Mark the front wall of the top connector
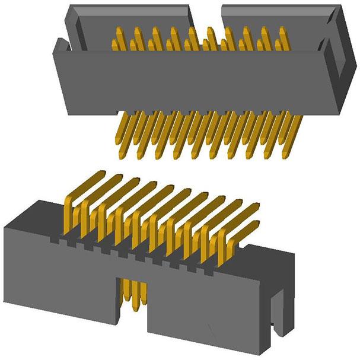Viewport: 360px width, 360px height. pyautogui.click(x=196, y=83)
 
